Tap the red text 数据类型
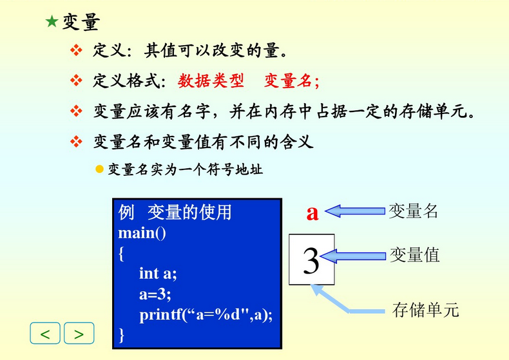(x=211, y=81)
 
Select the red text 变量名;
(x=291, y=81)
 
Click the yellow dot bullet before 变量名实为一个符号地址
(x=99, y=169)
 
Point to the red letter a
(x=312, y=213)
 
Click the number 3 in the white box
(x=311, y=260)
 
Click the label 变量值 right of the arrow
(x=414, y=255)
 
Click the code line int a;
(x=157, y=273)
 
